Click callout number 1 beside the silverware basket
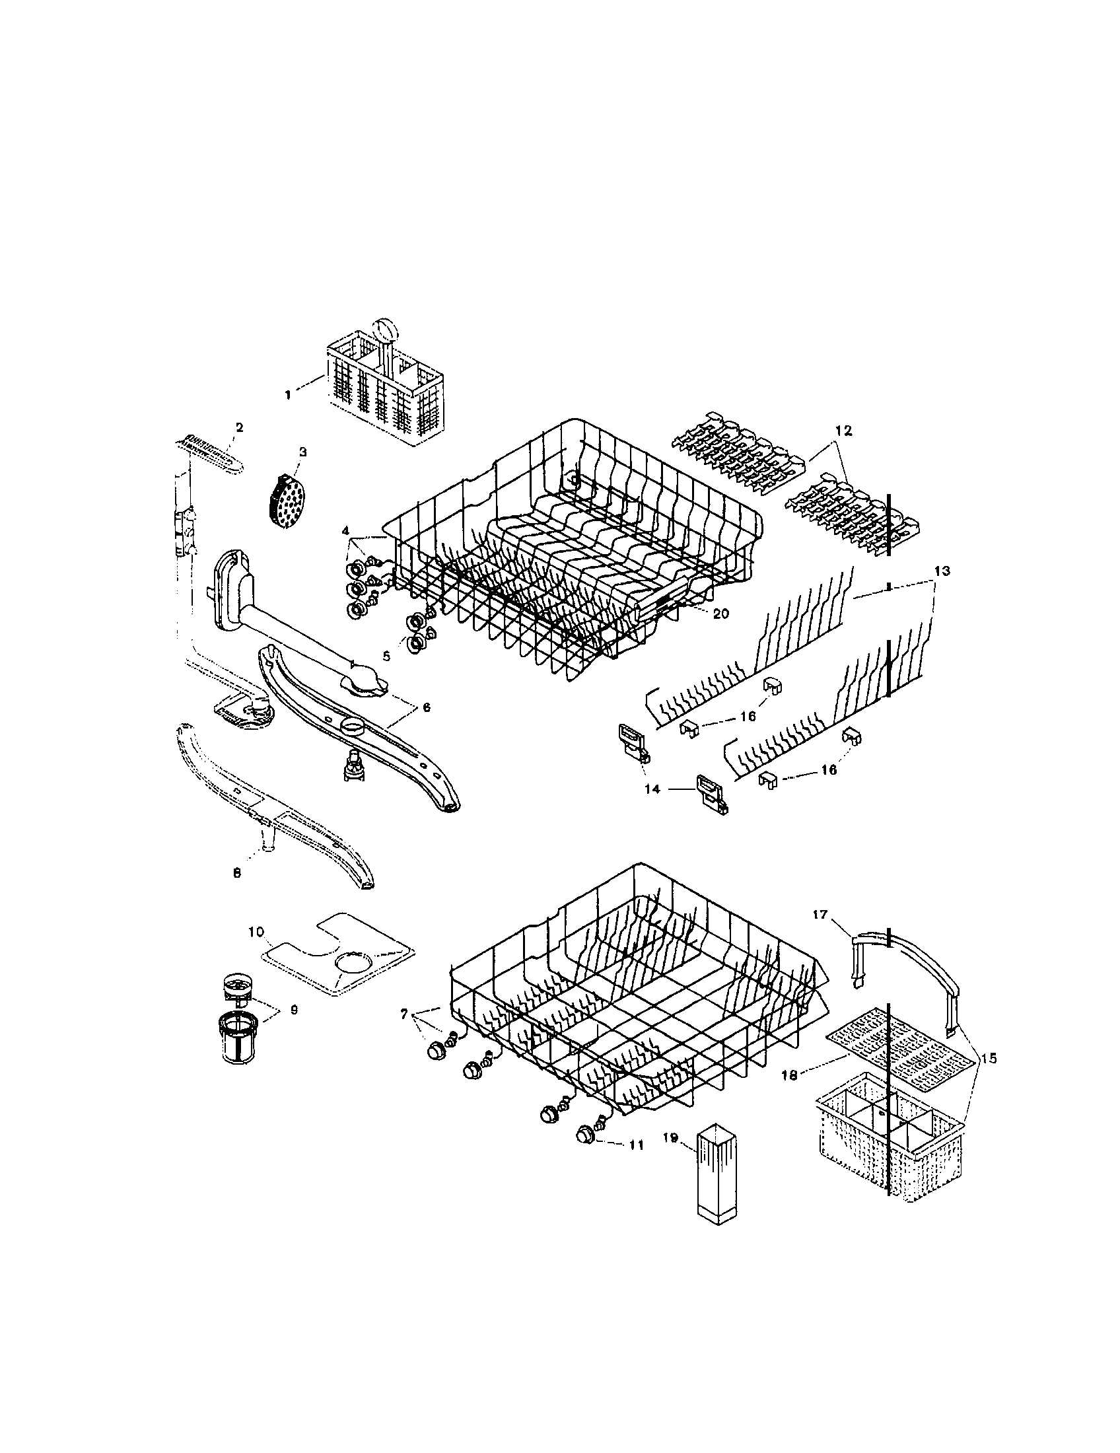pyautogui.click(x=287, y=394)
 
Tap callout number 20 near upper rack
pyautogui.click(x=720, y=614)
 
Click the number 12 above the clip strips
pyautogui.click(x=843, y=431)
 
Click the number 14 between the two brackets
pyautogui.click(x=652, y=789)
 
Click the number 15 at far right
pyautogui.click(x=989, y=1059)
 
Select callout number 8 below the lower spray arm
pyautogui.click(x=236, y=874)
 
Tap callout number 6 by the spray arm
pyautogui.click(x=426, y=707)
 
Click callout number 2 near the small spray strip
pyautogui.click(x=240, y=427)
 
